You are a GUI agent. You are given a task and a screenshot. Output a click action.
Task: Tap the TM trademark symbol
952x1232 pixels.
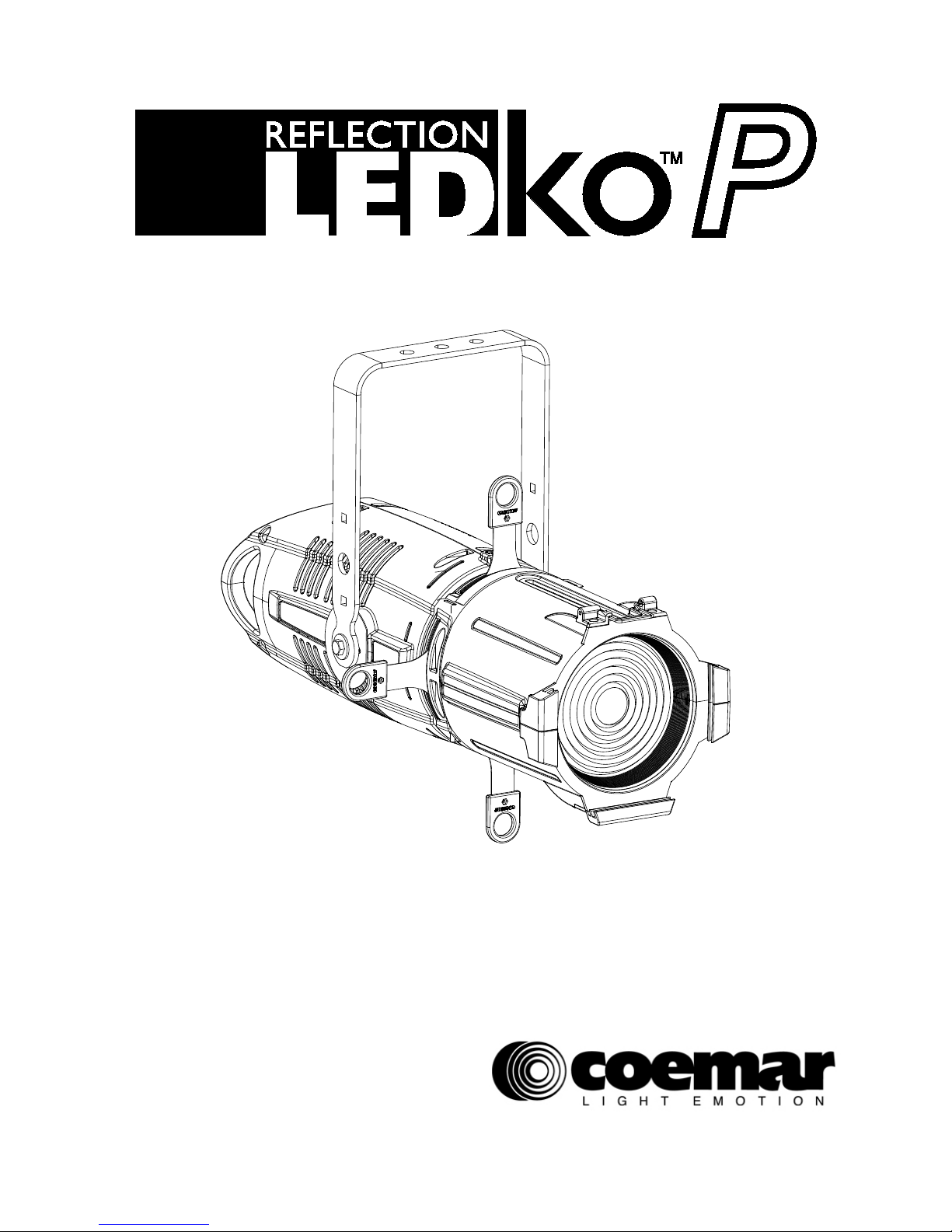668,159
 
